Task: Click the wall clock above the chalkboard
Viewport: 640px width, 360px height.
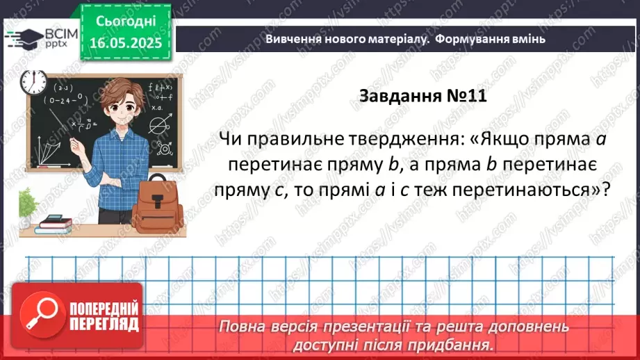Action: tap(33, 82)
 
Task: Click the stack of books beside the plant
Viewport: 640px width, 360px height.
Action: tap(55, 223)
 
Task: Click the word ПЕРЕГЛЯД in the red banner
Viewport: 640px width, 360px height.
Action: tap(104, 324)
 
